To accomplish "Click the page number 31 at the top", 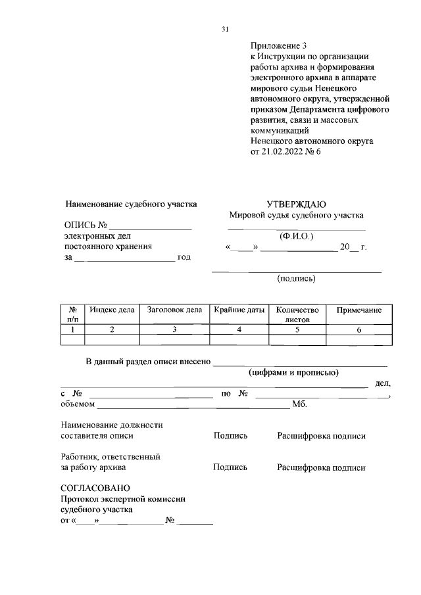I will tap(225, 29).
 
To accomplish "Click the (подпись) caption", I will tap(296, 278).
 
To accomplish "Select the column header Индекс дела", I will tap(112, 309).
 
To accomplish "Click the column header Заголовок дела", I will tap(174, 309).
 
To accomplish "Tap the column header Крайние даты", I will tap(239, 309).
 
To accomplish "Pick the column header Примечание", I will tap(359, 309).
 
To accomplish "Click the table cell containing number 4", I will tap(239, 330).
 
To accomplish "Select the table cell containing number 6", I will tap(359, 330).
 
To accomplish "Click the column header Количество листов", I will tap(297, 314).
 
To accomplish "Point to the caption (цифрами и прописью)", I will tap(293, 372).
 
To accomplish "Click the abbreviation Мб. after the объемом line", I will tap(299, 403).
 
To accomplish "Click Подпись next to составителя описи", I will tap(230, 435).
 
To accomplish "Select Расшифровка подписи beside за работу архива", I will tap(321, 467).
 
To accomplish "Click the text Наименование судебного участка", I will tap(131, 204).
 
